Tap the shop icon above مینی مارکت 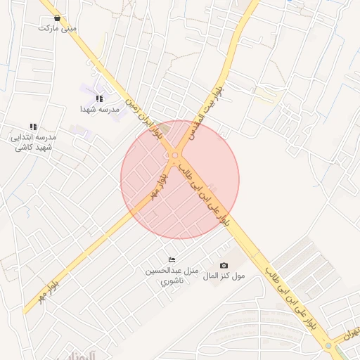(57, 18)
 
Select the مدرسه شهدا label (98, 109)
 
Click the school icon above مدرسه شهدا (99, 98)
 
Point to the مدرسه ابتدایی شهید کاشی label (34, 142)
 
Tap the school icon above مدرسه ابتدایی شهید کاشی (33, 127)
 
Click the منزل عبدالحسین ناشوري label (172, 276)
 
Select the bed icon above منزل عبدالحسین (172, 260)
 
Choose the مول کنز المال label (224, 276)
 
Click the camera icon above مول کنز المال (224, 265)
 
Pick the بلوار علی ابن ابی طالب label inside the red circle (204, 195)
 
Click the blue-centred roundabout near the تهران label (328, 346)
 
